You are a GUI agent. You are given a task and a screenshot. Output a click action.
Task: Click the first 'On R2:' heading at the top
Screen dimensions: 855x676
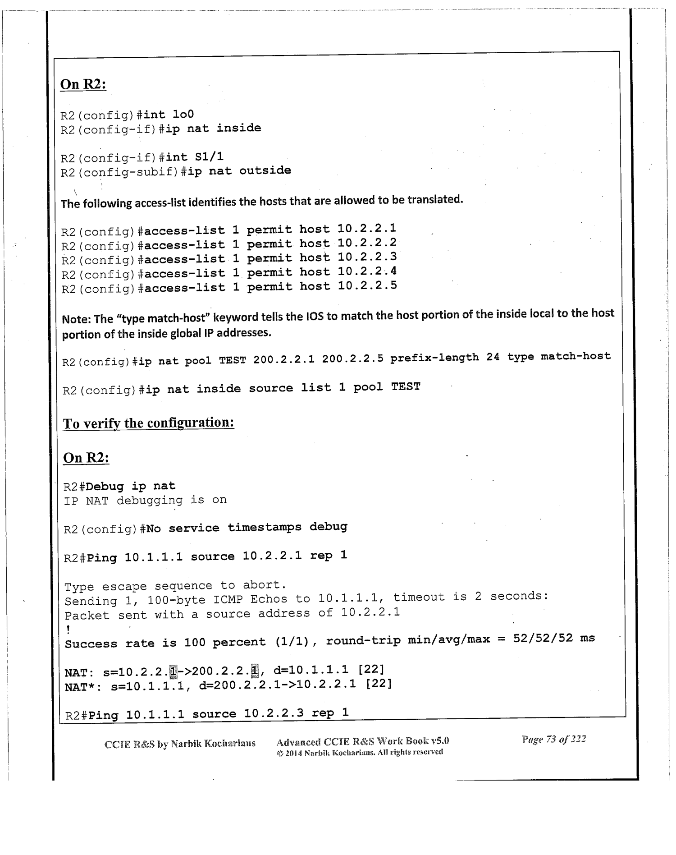coord(83,84)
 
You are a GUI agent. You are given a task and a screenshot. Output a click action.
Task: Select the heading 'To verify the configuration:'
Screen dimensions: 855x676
coord(148,423)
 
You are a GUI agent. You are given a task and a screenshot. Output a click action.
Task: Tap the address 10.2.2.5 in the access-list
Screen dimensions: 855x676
coord(367,286)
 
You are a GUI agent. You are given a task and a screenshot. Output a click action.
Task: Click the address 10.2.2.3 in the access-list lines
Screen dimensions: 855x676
coord(367,257)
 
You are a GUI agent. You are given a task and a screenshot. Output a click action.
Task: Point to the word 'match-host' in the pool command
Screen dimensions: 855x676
coord(576,356)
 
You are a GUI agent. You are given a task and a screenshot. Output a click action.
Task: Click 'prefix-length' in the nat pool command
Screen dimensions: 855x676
coord(434,358)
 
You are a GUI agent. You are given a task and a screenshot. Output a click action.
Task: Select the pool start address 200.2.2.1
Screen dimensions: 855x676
coord(283,360)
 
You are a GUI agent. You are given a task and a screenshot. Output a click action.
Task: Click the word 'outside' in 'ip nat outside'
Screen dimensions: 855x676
coord(265,171)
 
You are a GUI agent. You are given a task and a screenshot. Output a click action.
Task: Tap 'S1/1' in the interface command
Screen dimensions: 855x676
coord(209,157)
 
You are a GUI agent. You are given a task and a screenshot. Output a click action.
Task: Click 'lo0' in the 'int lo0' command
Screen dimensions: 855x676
coord(183,115)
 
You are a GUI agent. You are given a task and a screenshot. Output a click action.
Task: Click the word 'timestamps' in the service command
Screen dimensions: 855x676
coord(264,528)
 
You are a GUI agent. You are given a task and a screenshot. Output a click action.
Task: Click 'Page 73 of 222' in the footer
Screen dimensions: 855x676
coord(553,739)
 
